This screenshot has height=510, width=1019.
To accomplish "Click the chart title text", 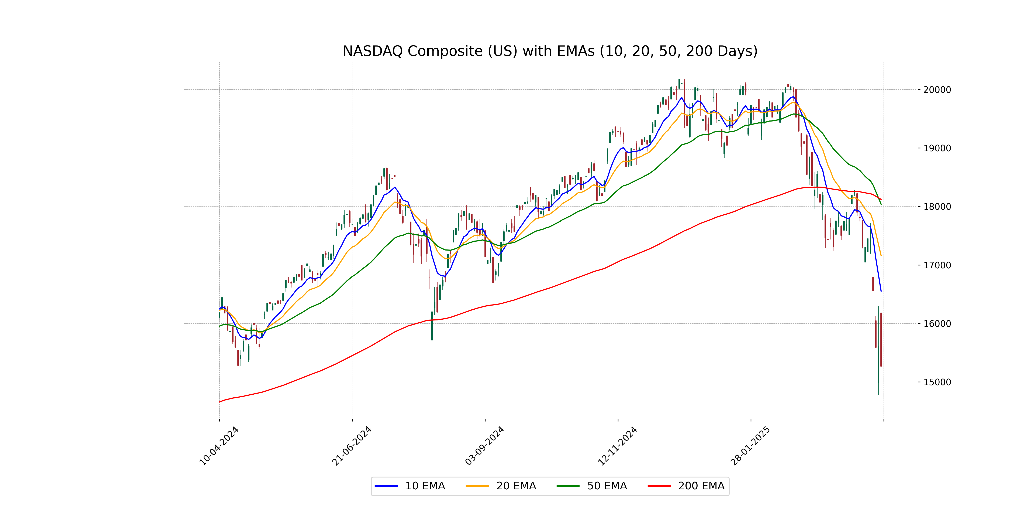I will tap(550, 51).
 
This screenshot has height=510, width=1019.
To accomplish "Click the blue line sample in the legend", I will tap(386, 486).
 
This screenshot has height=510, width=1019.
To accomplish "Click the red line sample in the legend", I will tap(659, 486).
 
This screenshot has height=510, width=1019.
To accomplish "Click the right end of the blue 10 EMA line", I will tap(881, 291).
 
